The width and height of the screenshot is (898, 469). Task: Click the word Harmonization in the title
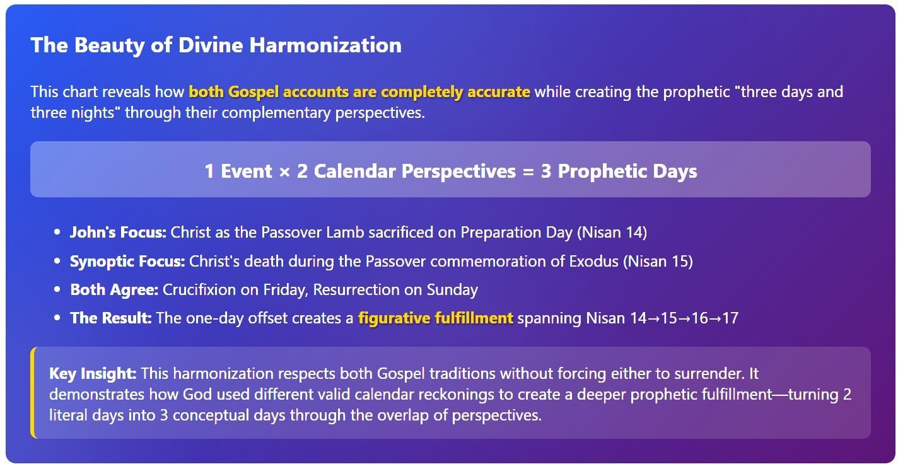[x=325, y=45]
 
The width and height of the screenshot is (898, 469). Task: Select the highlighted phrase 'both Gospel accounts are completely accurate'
[x=359, y=92]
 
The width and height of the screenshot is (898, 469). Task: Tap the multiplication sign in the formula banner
[x=284, y=172]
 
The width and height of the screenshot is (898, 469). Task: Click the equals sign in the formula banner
[x=528, y=172]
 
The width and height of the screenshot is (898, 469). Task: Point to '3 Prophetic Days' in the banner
[x=619, y=171]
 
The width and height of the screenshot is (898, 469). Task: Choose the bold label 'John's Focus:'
[x=119, y=233]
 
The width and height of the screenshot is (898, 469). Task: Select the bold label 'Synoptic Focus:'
[x=127, y=262]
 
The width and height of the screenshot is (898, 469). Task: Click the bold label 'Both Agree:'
[x=114, y=290]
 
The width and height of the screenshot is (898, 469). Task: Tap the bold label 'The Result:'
[x=111, y=318]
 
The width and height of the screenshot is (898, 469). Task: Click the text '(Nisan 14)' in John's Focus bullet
[x=612, y=233]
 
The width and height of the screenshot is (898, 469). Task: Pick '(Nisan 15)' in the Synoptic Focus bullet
[x=658, y=262]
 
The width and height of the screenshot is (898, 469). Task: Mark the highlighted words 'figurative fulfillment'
[x=435, y=318]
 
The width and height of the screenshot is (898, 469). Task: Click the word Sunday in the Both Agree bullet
[x=452, y=290]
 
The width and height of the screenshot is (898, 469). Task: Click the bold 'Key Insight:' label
[x=93, y=374]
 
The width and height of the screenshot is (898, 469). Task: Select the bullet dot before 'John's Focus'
[x=57, y=233]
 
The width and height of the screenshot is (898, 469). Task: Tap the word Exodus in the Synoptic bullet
[x=593, y=262]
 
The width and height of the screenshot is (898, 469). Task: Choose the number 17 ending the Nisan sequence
[x=730, y=318]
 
